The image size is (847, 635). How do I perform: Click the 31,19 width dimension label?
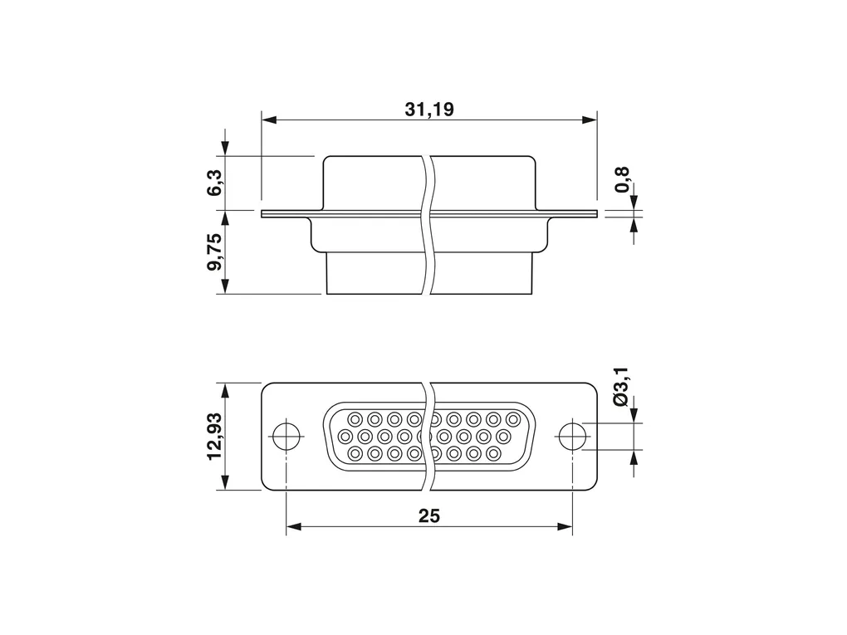(429, 110)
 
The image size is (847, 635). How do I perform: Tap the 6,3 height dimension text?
(214, 183)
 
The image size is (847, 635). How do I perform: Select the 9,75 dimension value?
(214, 252)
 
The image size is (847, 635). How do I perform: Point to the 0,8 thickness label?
(622, 180)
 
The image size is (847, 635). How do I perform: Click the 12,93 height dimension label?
(214, 436)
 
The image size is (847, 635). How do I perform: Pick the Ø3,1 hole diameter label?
(621, 387)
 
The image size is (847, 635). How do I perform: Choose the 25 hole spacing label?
(429, 516)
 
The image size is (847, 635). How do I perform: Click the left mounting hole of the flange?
(286, 437)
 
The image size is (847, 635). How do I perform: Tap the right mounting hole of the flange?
(572, 437)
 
